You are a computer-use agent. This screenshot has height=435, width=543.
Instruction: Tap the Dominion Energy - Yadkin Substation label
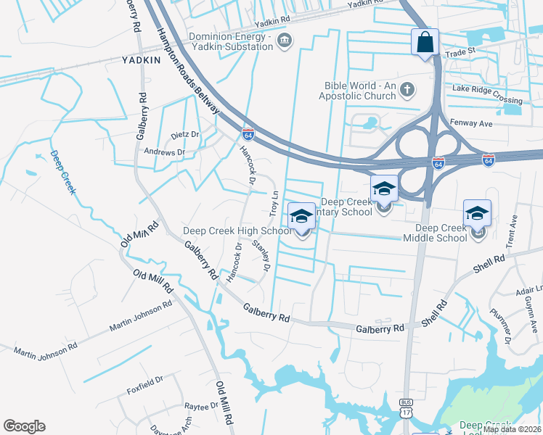(230, 41)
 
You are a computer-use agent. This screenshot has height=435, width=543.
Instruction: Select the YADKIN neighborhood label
(141, 60)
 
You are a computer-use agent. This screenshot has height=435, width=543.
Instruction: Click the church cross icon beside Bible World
(407, 90)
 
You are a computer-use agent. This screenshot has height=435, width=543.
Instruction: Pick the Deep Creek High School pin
(301, 217)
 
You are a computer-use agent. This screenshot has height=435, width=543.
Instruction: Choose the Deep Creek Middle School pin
(477, 214)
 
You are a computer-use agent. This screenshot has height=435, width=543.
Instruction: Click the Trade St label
(459, 51)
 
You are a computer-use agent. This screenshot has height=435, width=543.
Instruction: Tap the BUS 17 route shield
(406, 407)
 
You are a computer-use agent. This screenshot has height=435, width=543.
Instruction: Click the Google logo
(24, 426)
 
